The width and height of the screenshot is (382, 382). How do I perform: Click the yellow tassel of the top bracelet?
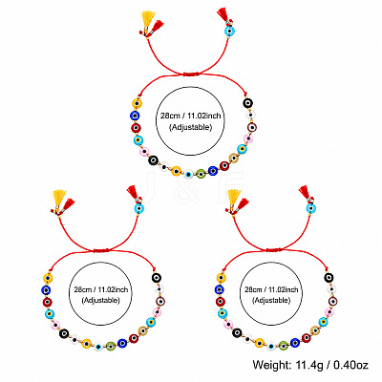pyautogui.click(x=148, y=19)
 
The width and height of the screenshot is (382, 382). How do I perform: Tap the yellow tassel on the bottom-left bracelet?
pyautogui.click(x=59, y=198)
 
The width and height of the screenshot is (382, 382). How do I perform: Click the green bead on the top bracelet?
pyautogui.click(x=201, y=174)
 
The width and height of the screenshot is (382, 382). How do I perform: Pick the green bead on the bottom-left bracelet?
pyautogui.click(x=111, y=345)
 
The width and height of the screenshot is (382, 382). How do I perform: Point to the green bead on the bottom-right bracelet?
pyautogui.click(x=284, y=345)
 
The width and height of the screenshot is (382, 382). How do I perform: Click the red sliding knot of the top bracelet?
pyautogui.click(x=191, y=74)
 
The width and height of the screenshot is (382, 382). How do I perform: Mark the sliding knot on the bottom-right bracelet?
pyautogui.click(x=274, y=250)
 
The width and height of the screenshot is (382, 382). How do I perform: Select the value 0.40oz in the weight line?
pyautogui.click(x=350, y=365)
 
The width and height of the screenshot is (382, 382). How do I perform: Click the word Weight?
pyautogui.click(x=272, y=365)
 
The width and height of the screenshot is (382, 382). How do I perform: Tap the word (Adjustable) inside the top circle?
pyautogui.click(x=190, y=127)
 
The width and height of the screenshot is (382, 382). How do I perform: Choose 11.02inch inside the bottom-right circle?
pyautogui.click(x=283, y=290)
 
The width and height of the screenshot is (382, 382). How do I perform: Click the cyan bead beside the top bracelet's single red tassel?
pyautogui.click(x=229, y=31)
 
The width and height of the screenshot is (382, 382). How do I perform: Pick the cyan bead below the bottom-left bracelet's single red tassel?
pyautogui.click(x=139, y=209)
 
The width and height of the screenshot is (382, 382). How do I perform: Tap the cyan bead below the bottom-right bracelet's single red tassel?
pyautogui.click(x=311, y=209)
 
